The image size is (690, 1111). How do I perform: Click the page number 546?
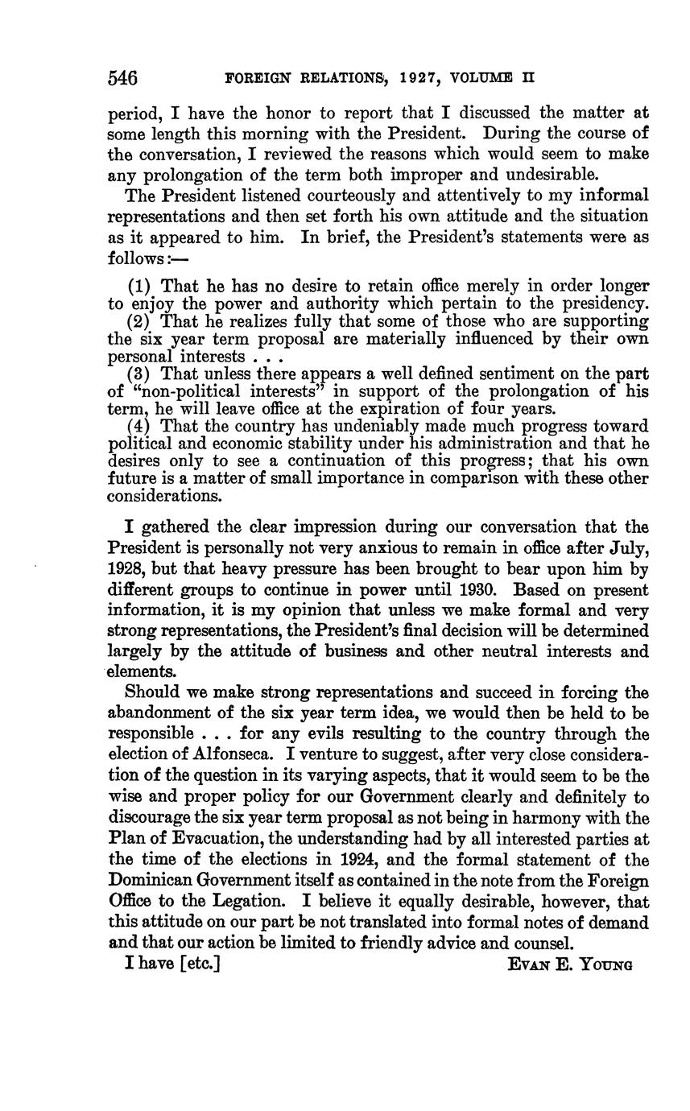[x=123, y=78]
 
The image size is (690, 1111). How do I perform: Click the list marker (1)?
[x=142, y=287]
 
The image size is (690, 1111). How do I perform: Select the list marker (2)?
[x=142, y=321]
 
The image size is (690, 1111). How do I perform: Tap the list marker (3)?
[x=142, y=374]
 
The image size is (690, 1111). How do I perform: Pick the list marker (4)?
[x=142, y=426]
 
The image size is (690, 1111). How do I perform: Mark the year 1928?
[x=127, y=568]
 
